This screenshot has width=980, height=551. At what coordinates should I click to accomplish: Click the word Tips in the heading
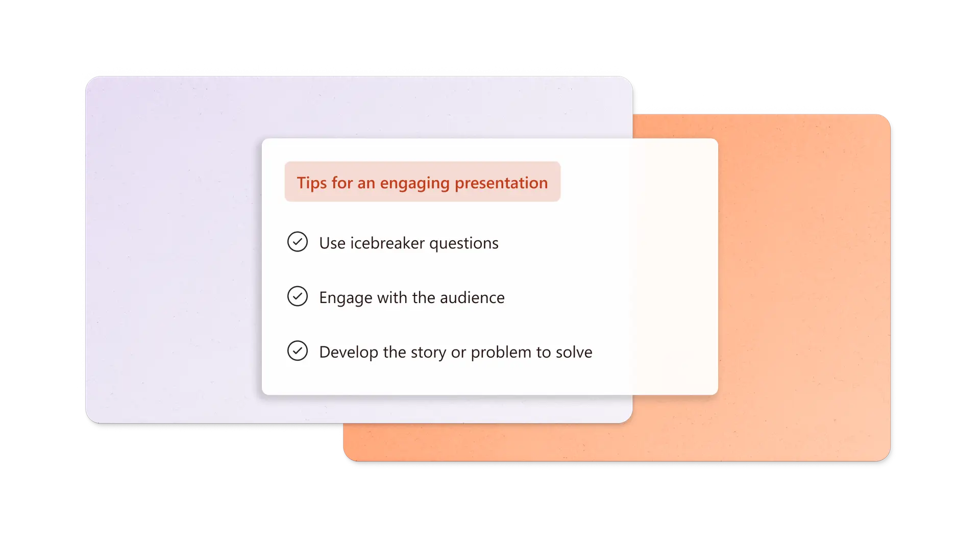point(312,183)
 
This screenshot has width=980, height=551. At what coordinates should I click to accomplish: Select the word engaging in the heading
point(414,183)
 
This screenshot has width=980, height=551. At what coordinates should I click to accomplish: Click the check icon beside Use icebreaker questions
point(298,242)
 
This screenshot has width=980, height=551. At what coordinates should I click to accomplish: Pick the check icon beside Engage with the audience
point(298,296)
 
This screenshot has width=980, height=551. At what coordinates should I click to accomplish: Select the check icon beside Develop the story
point(298,351)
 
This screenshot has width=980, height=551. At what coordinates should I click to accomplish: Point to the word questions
point(463,243)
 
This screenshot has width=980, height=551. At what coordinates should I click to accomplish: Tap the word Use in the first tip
point(332,243)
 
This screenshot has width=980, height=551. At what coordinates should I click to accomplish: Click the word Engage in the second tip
point(346,297)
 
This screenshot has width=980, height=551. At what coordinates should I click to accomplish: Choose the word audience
point(472,297)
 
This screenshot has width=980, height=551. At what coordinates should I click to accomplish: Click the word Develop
point(349,352)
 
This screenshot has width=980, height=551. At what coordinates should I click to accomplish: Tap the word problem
point(501,352)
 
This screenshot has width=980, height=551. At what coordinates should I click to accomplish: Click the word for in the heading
point(342,183)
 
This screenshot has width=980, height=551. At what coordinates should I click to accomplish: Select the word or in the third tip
point(458,352)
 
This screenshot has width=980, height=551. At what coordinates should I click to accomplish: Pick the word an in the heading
point(366,183)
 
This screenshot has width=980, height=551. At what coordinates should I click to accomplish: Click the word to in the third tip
point(543,352)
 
